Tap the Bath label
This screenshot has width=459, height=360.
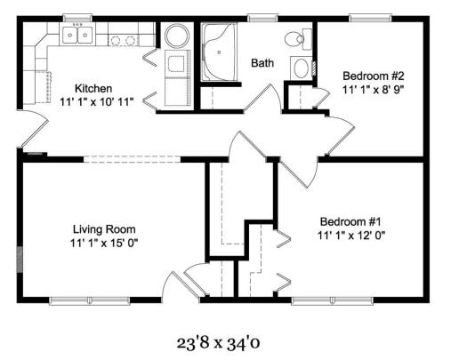tap(262, 63)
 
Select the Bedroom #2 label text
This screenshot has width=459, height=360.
tap(374, 76)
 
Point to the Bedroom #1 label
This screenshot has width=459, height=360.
tap(350, 221)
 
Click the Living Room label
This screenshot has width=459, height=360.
tap(104, 229)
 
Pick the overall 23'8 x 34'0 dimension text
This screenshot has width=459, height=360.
tap(218, 343)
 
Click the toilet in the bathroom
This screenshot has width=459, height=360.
tap(298, 39)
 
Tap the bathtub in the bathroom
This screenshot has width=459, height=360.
tap(219, 52)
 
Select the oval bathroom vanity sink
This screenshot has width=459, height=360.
tap(301, 68)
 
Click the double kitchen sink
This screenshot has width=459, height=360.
tap(77, 35)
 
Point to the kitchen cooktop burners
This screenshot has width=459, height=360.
tap(123, 40)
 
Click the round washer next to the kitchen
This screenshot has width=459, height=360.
tap(177, 36)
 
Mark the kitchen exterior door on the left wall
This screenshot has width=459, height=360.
tap(34, 129)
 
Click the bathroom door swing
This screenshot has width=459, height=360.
tap(263, 99)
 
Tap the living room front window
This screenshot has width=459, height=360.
tap(90, 300)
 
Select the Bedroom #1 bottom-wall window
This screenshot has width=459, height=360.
tap(332, 300)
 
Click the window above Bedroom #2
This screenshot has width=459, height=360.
tap(370, 18)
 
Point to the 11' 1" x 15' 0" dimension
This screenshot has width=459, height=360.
tap(104, 244)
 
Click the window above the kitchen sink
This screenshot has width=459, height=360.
tap(77, 18)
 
